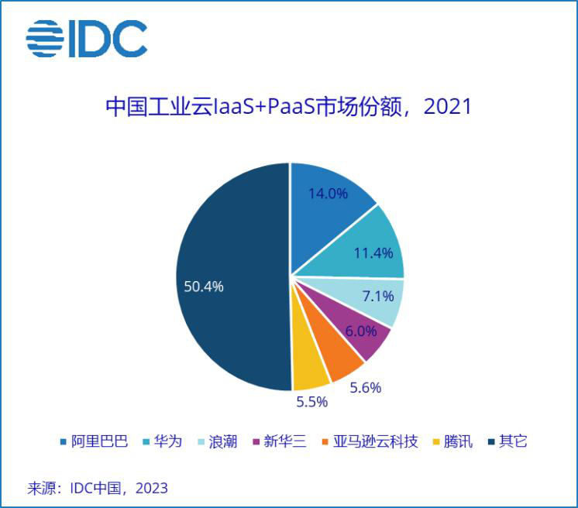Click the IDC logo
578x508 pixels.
(86, 39)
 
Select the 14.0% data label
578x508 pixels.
(328, 194)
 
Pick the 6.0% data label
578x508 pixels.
(362, 331)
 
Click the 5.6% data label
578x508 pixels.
(366, 388)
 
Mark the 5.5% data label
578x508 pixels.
(312, 402)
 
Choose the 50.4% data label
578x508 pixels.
(204, 287)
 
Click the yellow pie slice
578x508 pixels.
(311, 372)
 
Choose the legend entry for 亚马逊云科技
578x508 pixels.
(369, 442)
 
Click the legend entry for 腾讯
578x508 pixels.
(450, 442)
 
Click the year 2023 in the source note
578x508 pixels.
(151, 489)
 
